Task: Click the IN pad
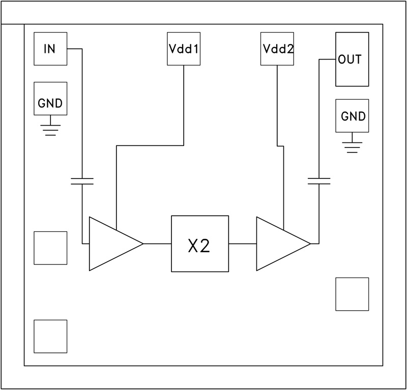click(x=50, y=49)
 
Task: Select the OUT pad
click(x=352, y=59)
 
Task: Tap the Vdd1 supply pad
click(x=184, y=49)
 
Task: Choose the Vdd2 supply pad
click(x=277, y=49)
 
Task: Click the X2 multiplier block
click(x=199, y=244)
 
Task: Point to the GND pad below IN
click(x=50, y=99)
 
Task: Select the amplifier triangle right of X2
click(x=278, y=244)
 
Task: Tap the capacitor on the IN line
click(x=82, y=182)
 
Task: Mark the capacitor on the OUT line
click(x=319, y=181)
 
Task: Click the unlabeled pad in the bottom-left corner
click(x=50, y=336)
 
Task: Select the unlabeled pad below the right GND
click(x=352, y=294)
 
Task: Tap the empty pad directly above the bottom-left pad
click(x=50, y=248)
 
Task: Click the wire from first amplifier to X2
click(x=157, y=244)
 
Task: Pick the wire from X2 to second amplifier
click(x=242, y=244)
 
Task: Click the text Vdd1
click(x=184, y=50)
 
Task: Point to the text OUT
click(x=350, y=59)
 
